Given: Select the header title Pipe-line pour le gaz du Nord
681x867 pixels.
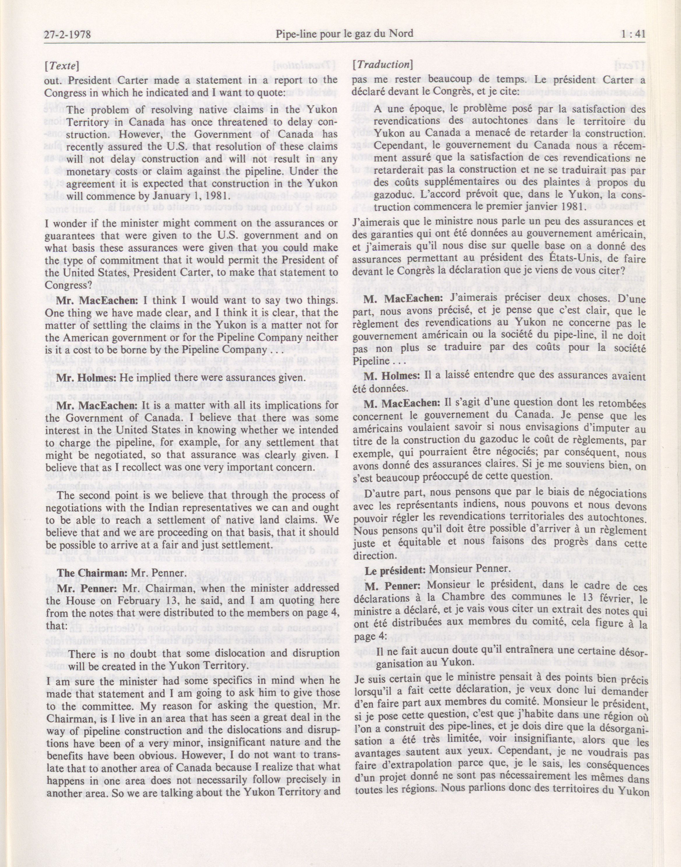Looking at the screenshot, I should (x=344, y=34).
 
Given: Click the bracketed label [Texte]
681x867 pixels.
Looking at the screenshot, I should (x=61, y=65).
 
